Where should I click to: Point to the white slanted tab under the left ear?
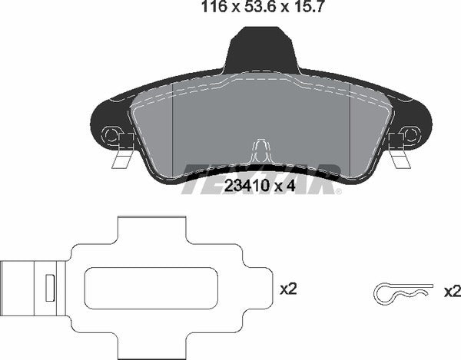(120, 159)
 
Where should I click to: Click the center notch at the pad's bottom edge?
(261, 150)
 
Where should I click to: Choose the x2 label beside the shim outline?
(288, 289)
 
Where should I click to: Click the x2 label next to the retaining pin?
(452, 292)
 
